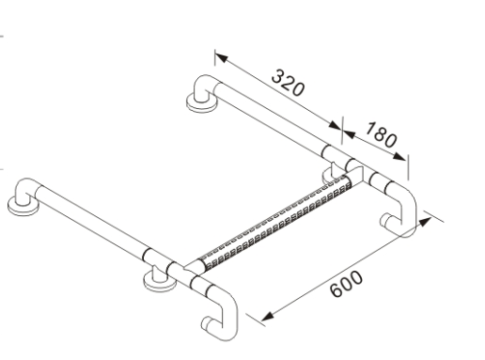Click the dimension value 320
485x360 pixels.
(x=288, y=83)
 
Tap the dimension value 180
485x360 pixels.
(x=382, y=134)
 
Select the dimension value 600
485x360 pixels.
(x=347, y=284)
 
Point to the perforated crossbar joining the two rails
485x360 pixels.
(x=275, y=224)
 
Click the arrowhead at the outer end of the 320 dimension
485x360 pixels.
(x=221, y=57)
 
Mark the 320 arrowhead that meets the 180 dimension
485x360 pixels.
(x=335, y=125)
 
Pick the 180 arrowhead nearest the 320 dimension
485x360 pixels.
(x=349, y=134)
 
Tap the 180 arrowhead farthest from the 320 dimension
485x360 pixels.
(x=399, y=156)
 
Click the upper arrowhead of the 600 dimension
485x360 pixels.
(x=425, y=222)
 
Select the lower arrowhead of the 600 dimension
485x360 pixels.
(x=267, y=316)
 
